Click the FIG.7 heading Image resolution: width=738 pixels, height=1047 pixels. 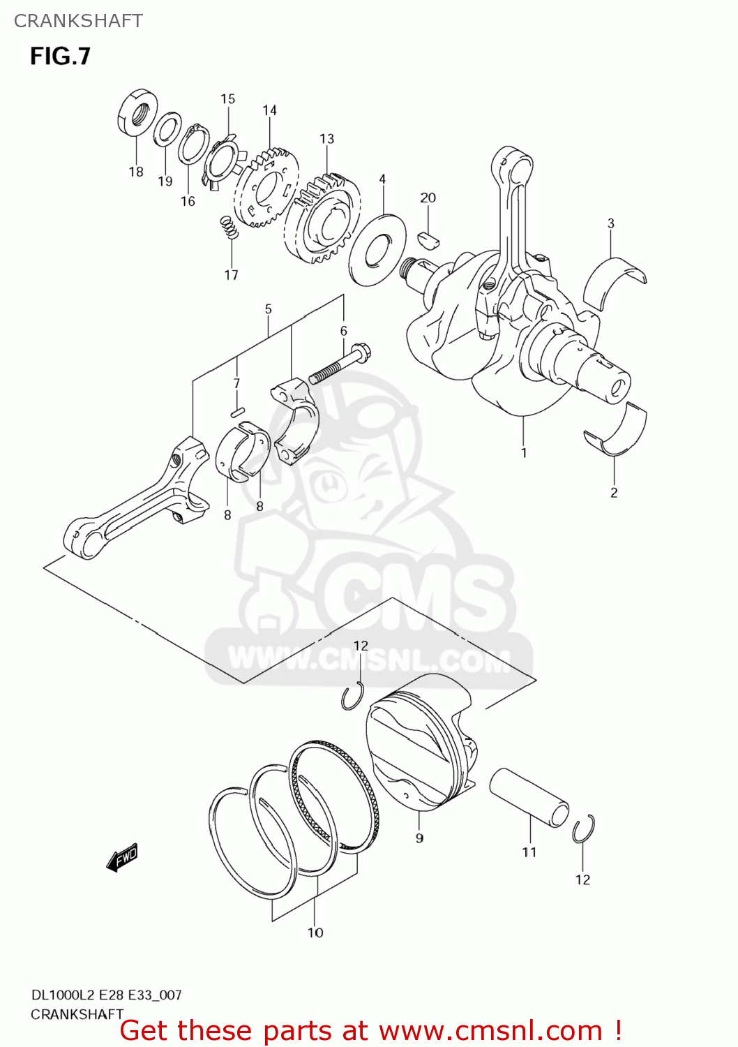point(60,57)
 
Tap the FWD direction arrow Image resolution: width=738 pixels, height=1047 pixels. point(123,858)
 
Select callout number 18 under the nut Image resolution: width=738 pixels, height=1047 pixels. point(136,172)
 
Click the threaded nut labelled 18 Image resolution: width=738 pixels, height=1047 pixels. point(137,112)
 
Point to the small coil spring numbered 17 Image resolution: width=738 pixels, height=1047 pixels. point(229,228)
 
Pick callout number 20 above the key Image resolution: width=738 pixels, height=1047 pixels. point(428,198)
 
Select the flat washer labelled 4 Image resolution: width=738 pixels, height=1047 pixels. point(377,249)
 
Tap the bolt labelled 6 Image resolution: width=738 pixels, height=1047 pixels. point(339,364)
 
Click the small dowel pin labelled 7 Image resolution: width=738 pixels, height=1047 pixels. point(237,411)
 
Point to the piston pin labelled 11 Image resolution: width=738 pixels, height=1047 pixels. point(529,796)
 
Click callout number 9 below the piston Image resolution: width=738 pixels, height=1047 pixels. point(419,838)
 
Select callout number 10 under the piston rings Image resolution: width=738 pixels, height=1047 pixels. point(315,933)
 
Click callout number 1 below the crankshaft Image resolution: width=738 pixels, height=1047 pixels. point(524,453)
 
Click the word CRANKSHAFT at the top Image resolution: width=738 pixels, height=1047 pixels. point(78,21)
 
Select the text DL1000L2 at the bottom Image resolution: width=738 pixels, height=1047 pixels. point(63,995)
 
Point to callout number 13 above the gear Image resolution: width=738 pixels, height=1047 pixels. point(326,139)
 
